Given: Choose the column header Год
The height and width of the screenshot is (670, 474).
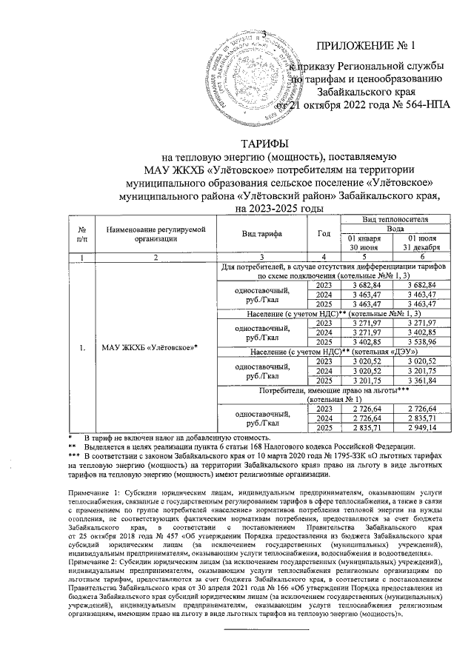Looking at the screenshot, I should [x=324, y=233].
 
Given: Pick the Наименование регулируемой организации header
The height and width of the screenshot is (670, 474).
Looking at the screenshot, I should [x=154, y=233].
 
